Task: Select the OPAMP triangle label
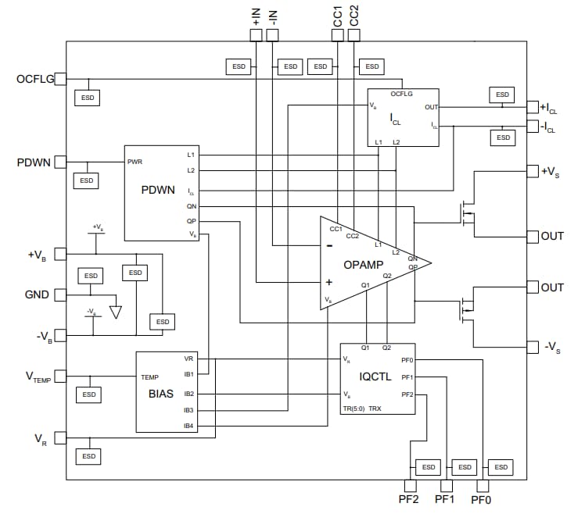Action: [x=363, y=264]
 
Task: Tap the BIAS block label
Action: [x=161, y=394]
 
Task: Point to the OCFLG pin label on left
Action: [x=34, y=79]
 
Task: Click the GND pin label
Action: [x=37, y=295]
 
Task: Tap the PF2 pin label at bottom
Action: [x=408, y=498]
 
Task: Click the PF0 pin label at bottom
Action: [x=482, y=498]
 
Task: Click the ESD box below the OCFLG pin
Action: [x=88, y=98]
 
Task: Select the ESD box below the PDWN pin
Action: [x=87, y=180]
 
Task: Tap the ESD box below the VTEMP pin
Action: [x=89, y=394]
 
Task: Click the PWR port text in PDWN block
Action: [x=135, y=162]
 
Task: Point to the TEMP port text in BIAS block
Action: [x=149, y=376]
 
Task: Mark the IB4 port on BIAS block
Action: [x=188, y=426]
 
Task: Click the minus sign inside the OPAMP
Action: [x=329, y=245]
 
